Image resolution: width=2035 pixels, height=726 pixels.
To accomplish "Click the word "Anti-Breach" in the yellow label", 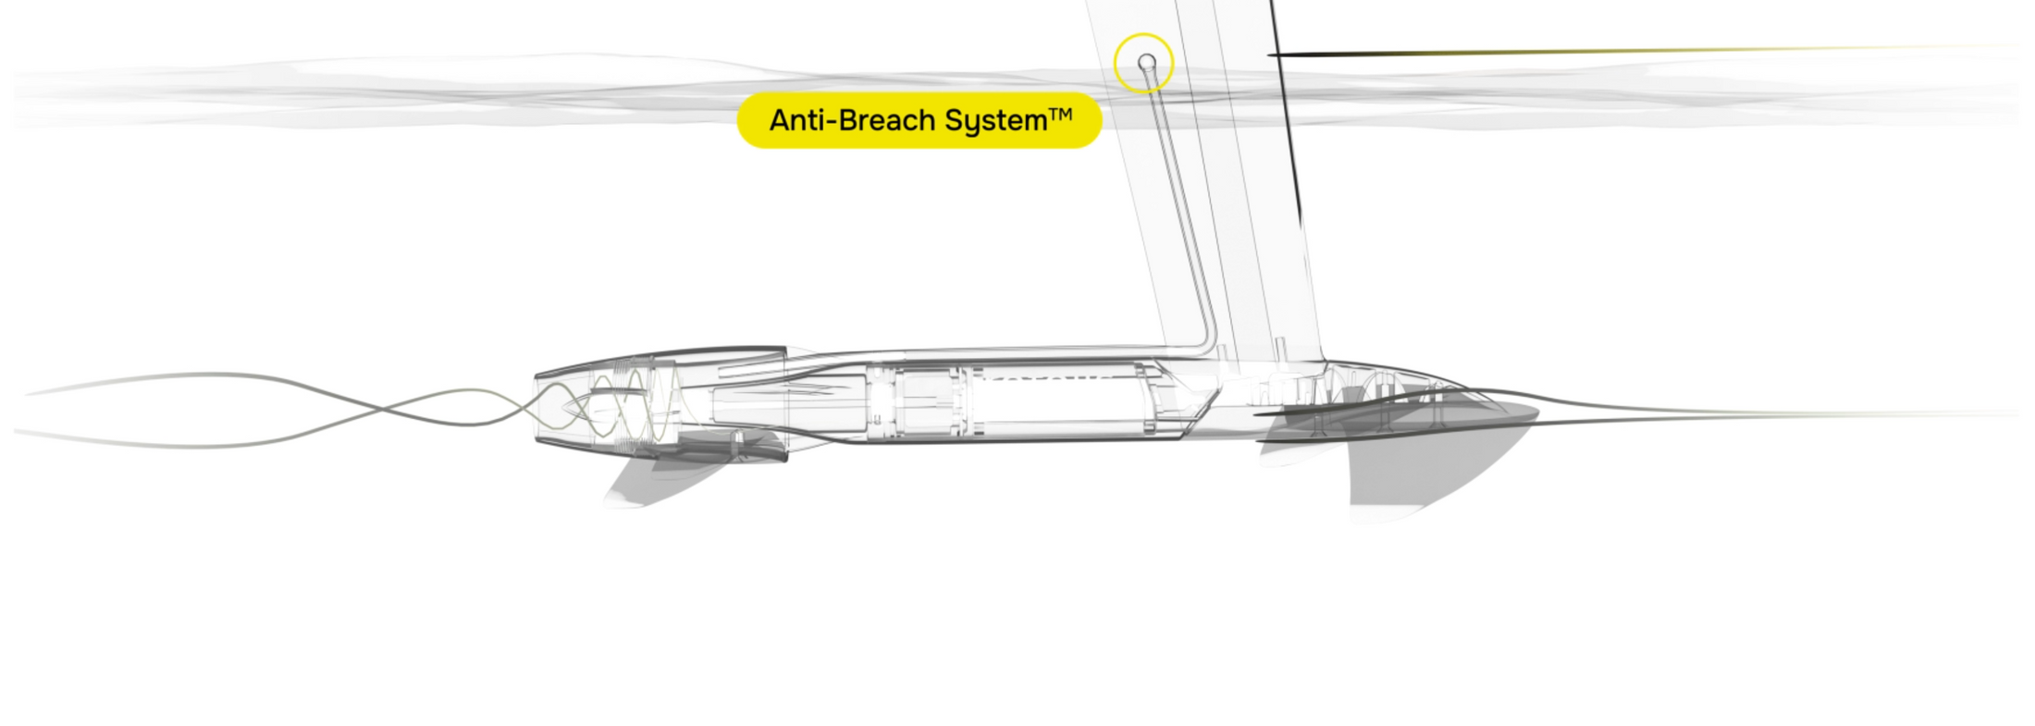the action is tap(852, 120).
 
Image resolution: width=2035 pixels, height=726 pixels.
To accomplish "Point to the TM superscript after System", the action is tap(1060, 114).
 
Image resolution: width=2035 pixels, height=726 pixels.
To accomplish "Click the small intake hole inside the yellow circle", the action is tap(1146, 62).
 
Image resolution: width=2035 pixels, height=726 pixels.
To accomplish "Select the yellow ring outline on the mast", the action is tap(1143, 33).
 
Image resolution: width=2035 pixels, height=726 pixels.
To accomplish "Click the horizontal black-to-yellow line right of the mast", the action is tap(1637, 50).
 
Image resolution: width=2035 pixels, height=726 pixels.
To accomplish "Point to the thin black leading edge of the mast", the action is tap(1286, 111).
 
